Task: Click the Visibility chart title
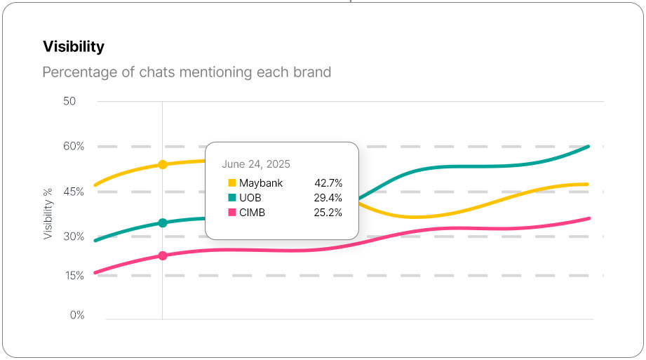click(x=74, y=47)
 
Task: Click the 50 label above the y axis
click(x=69, y=101)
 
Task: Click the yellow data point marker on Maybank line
click(x=163, y=165)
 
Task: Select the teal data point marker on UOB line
click(x=163, y=223)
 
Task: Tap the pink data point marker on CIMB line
click(x=163, y=256)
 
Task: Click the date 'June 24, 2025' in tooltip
click(x=256, y=164)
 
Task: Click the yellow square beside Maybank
click(x=232, y=183)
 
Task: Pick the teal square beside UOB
click(x=232, y=198)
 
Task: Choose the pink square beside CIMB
click(x=232, y=213)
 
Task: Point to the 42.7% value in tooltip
click(x=328, y=183)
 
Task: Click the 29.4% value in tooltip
click(x=328, y=198)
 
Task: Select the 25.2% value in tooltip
click(x=328, y=213)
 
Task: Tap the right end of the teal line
click(x=588, y=147)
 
